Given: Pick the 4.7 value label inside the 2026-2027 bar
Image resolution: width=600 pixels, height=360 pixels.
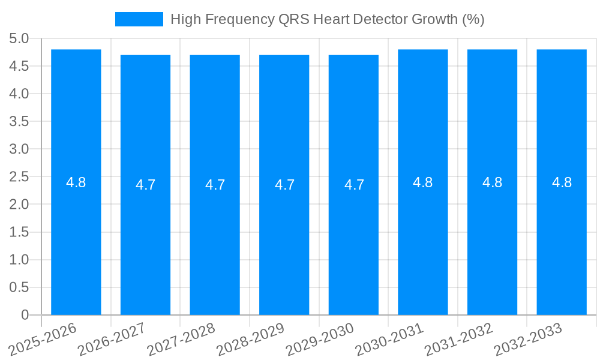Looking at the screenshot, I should (x=145, y=185).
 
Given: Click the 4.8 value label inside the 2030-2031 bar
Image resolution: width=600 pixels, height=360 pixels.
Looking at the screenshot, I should (x=423, y=182).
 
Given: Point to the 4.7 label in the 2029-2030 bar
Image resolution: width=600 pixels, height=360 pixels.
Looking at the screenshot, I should (x=354, y=185).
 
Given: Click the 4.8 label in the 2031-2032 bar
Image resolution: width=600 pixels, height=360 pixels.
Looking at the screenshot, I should (x=493, y=182).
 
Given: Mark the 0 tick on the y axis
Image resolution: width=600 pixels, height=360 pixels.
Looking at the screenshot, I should (x=25, y=315).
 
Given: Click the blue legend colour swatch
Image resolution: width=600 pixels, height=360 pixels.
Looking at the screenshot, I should (x=139, y=19).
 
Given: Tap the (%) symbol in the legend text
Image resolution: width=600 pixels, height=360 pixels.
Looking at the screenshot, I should (x=473, y=19).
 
